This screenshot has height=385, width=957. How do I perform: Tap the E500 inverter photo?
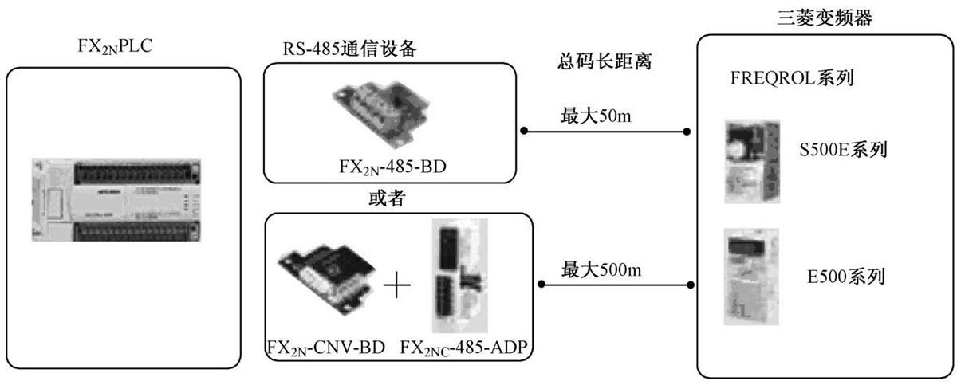(x=750, y=276)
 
